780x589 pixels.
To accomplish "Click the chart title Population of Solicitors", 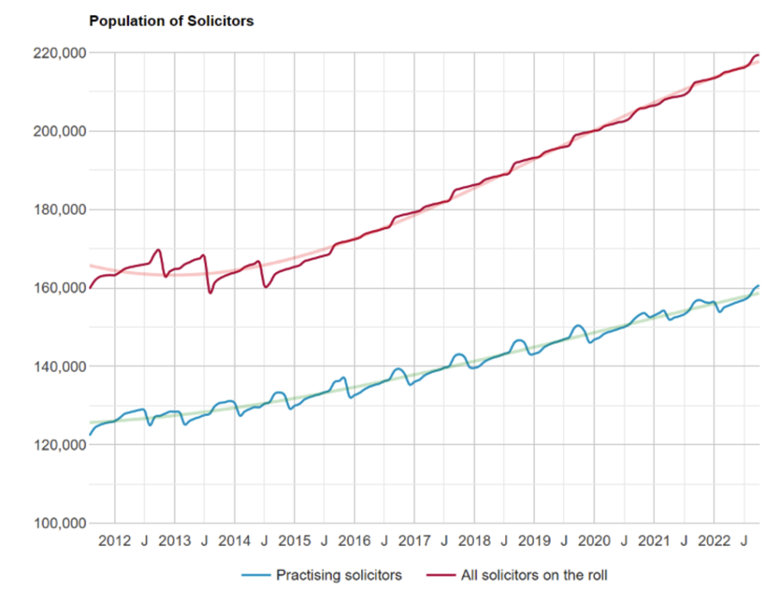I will coord(171,21).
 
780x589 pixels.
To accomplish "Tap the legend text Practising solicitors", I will coord(339,575).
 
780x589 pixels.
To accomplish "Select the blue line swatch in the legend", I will coord(256,575).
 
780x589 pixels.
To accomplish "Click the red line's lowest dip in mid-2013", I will coord(210,293).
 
